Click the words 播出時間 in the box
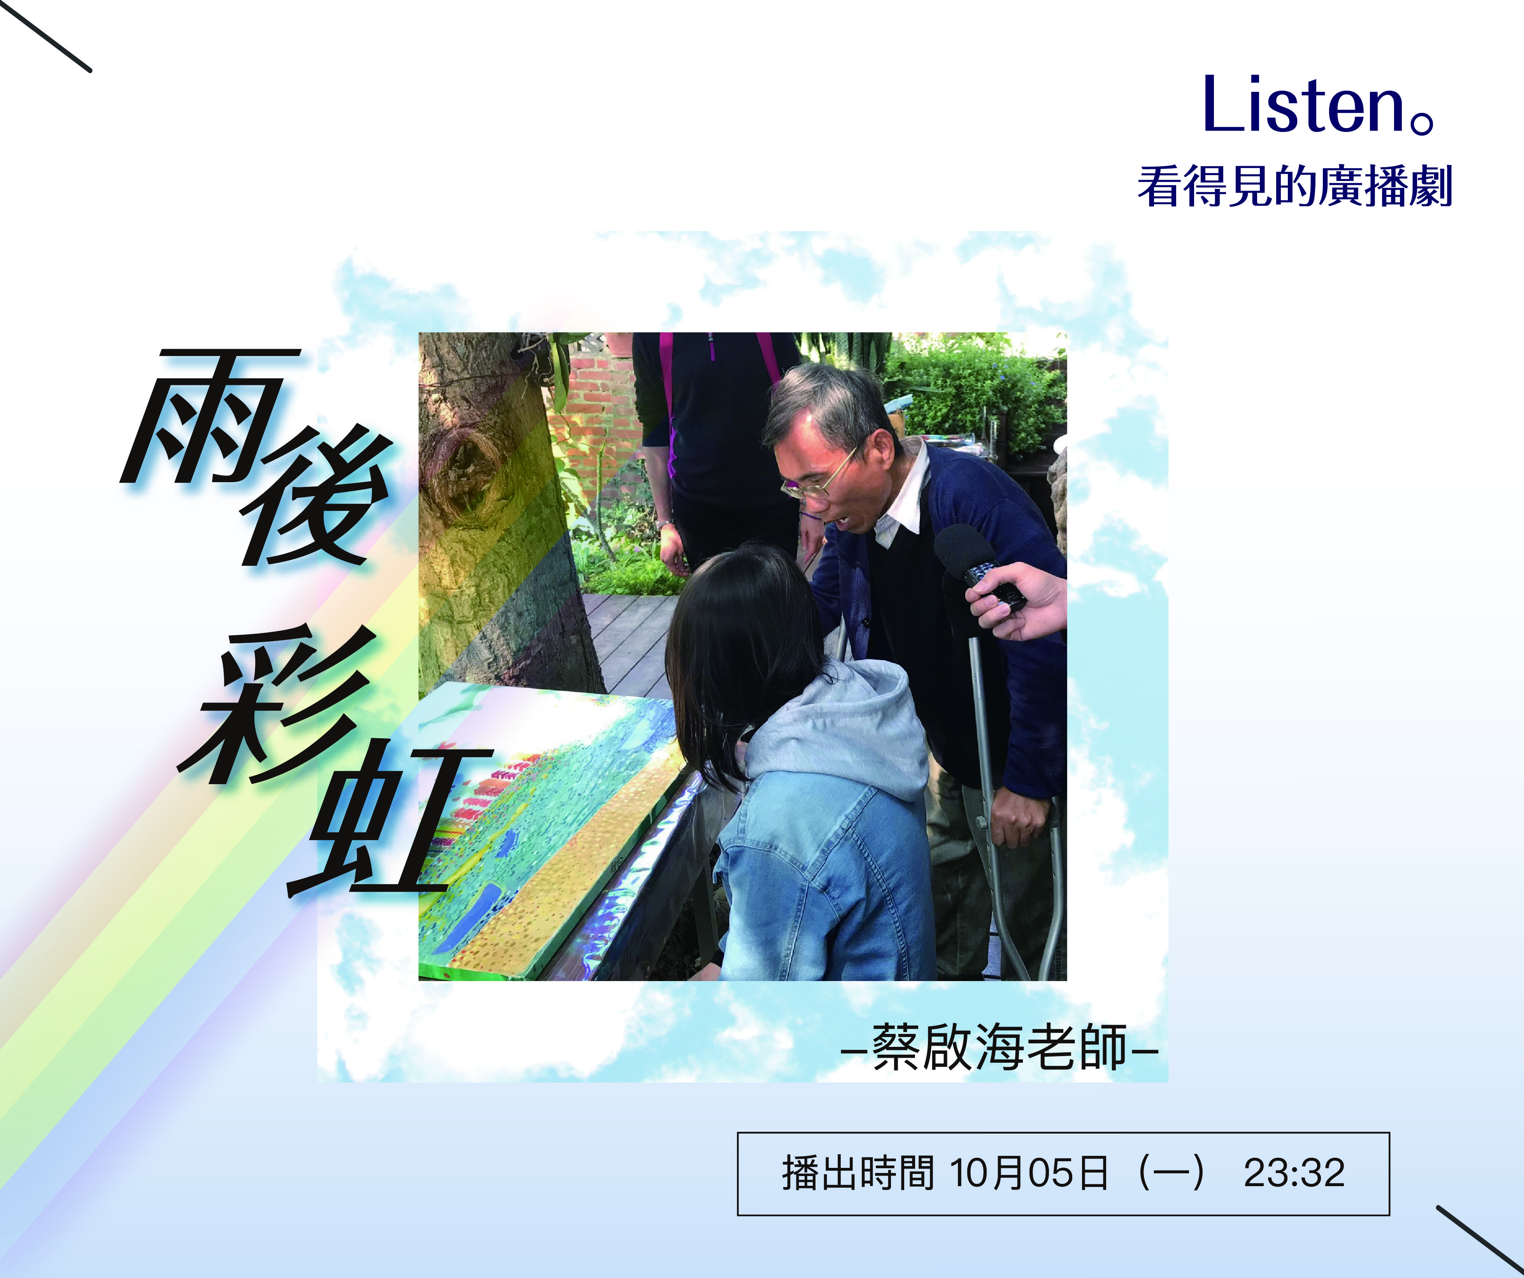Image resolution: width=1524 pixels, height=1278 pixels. pos(858,1173)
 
